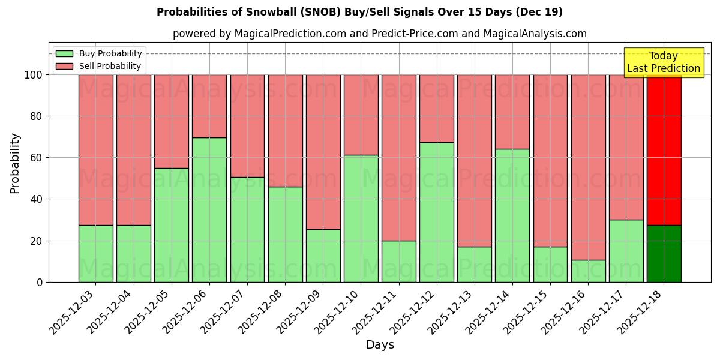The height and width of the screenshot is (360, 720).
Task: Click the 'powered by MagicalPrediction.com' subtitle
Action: click(379, 34)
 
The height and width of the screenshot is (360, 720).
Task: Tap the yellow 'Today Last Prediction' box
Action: click(663, 62)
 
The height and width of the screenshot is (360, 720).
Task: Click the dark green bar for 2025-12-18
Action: click(664, 254)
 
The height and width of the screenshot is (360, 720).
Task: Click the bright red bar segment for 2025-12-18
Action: click(664, 150)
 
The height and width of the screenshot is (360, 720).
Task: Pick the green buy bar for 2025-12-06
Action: click(209, 210)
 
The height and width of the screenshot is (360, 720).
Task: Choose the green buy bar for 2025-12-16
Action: click(588, 271)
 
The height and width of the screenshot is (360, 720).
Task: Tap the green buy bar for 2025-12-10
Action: click(361, 218)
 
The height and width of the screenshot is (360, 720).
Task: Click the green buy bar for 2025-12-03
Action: click(95, 254)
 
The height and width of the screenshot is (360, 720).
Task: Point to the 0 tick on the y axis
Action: click(40, 282)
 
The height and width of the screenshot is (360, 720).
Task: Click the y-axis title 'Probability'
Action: click(15, 163)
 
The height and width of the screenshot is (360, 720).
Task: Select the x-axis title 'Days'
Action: click(379, 345)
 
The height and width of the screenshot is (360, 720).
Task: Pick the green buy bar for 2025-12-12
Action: click(436, 212)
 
